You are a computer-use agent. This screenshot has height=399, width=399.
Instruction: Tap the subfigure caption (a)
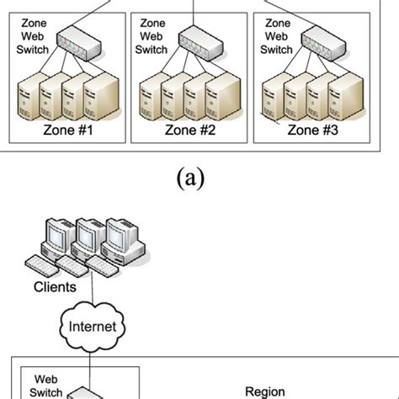(199, 178)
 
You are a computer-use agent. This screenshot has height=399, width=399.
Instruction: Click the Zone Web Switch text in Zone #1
(35, 38)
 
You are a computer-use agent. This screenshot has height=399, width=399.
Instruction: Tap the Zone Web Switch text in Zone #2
(152, 38)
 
